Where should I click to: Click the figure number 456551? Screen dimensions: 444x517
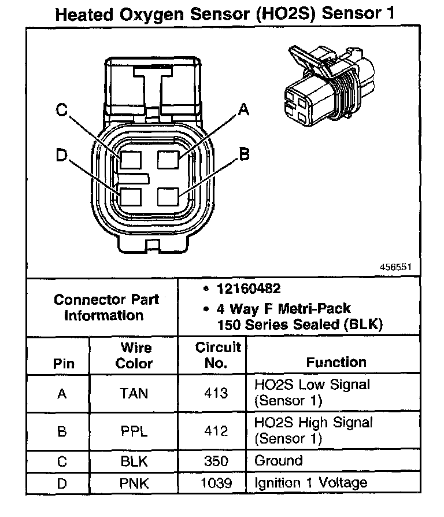[x=395, y=268]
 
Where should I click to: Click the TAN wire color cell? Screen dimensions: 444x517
[x=134, y=394]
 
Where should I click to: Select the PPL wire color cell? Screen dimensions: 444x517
[x=134, y=431]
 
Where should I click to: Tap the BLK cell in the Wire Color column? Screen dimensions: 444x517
[x=134, y=461]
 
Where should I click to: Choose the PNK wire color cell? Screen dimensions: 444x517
[x=134, y=482]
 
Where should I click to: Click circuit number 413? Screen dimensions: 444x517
[x=216, y=394]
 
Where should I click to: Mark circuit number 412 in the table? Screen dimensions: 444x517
[x=216, y=431]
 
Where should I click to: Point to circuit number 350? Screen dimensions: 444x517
[x=216, y=461]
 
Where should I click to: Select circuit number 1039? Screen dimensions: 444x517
[x=216, y=482]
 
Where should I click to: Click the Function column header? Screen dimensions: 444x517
[x=336, y=363]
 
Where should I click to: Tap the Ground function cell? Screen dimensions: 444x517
[x=278, y=461]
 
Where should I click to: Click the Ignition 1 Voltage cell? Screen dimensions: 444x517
[x=310, y=482]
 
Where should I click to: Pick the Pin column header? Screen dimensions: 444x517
[x=63, y=364]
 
